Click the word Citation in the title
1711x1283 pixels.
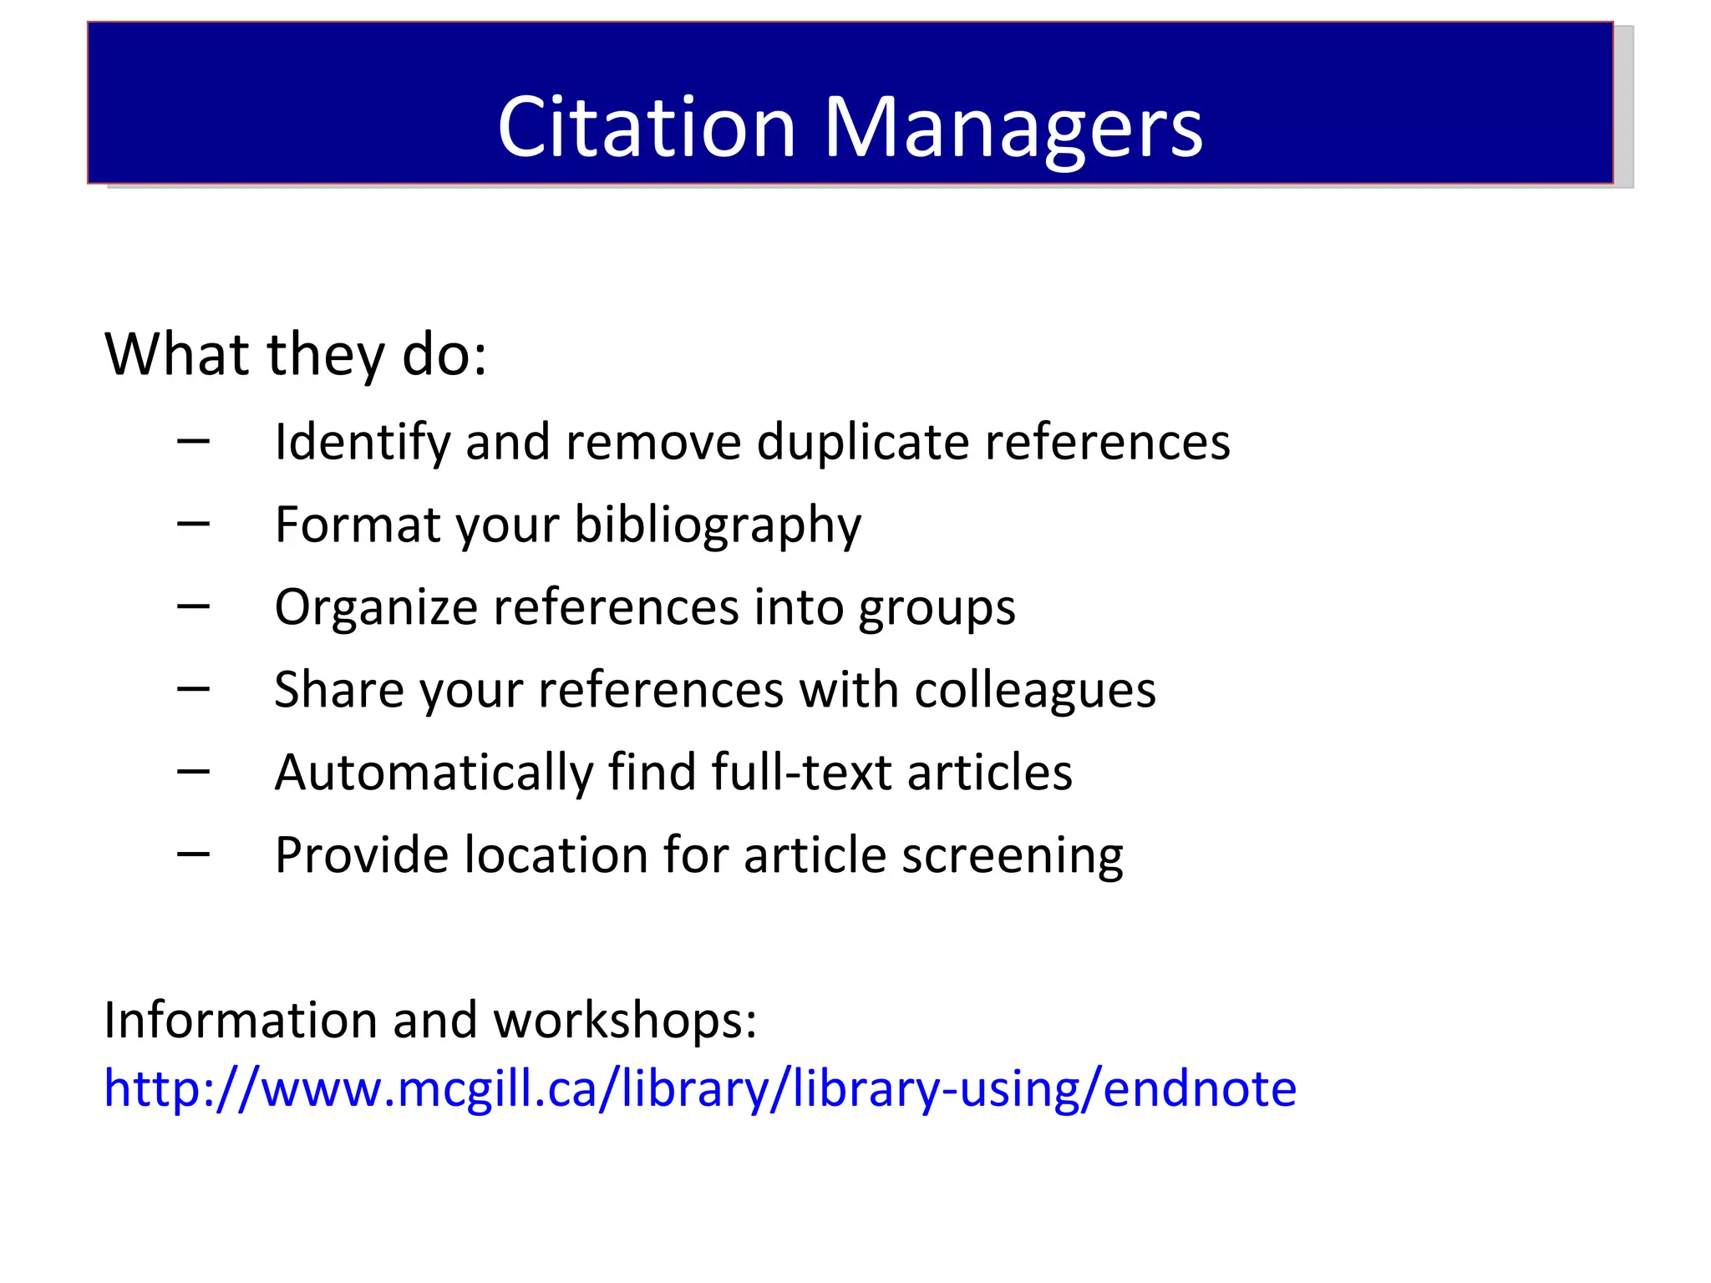pyautogui.click(x=647, y=127)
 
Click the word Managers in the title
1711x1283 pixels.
pyautogui.click(x=1013, y=129)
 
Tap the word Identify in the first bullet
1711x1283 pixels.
pyautogui.click(x=363, y=442)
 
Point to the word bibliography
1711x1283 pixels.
pyautogui.click(x=718, y=525)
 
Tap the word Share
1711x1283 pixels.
pyautogui.click(x=339, y=690)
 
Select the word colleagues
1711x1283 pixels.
pyautogui.click(x=1034, y=691)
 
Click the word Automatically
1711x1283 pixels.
pyautogui.click(x=434, y=772)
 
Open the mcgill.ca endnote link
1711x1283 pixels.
pyautogui.click(x=700, y=1088)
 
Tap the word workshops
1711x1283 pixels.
pyautogui.click(x=625, y=1020)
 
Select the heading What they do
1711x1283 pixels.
pyautogui.click(x=296, y=354)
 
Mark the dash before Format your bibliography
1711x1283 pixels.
pyautogui.click(x=193, y=525)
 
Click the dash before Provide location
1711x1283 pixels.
pyautogui.click(x=193, y=854)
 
